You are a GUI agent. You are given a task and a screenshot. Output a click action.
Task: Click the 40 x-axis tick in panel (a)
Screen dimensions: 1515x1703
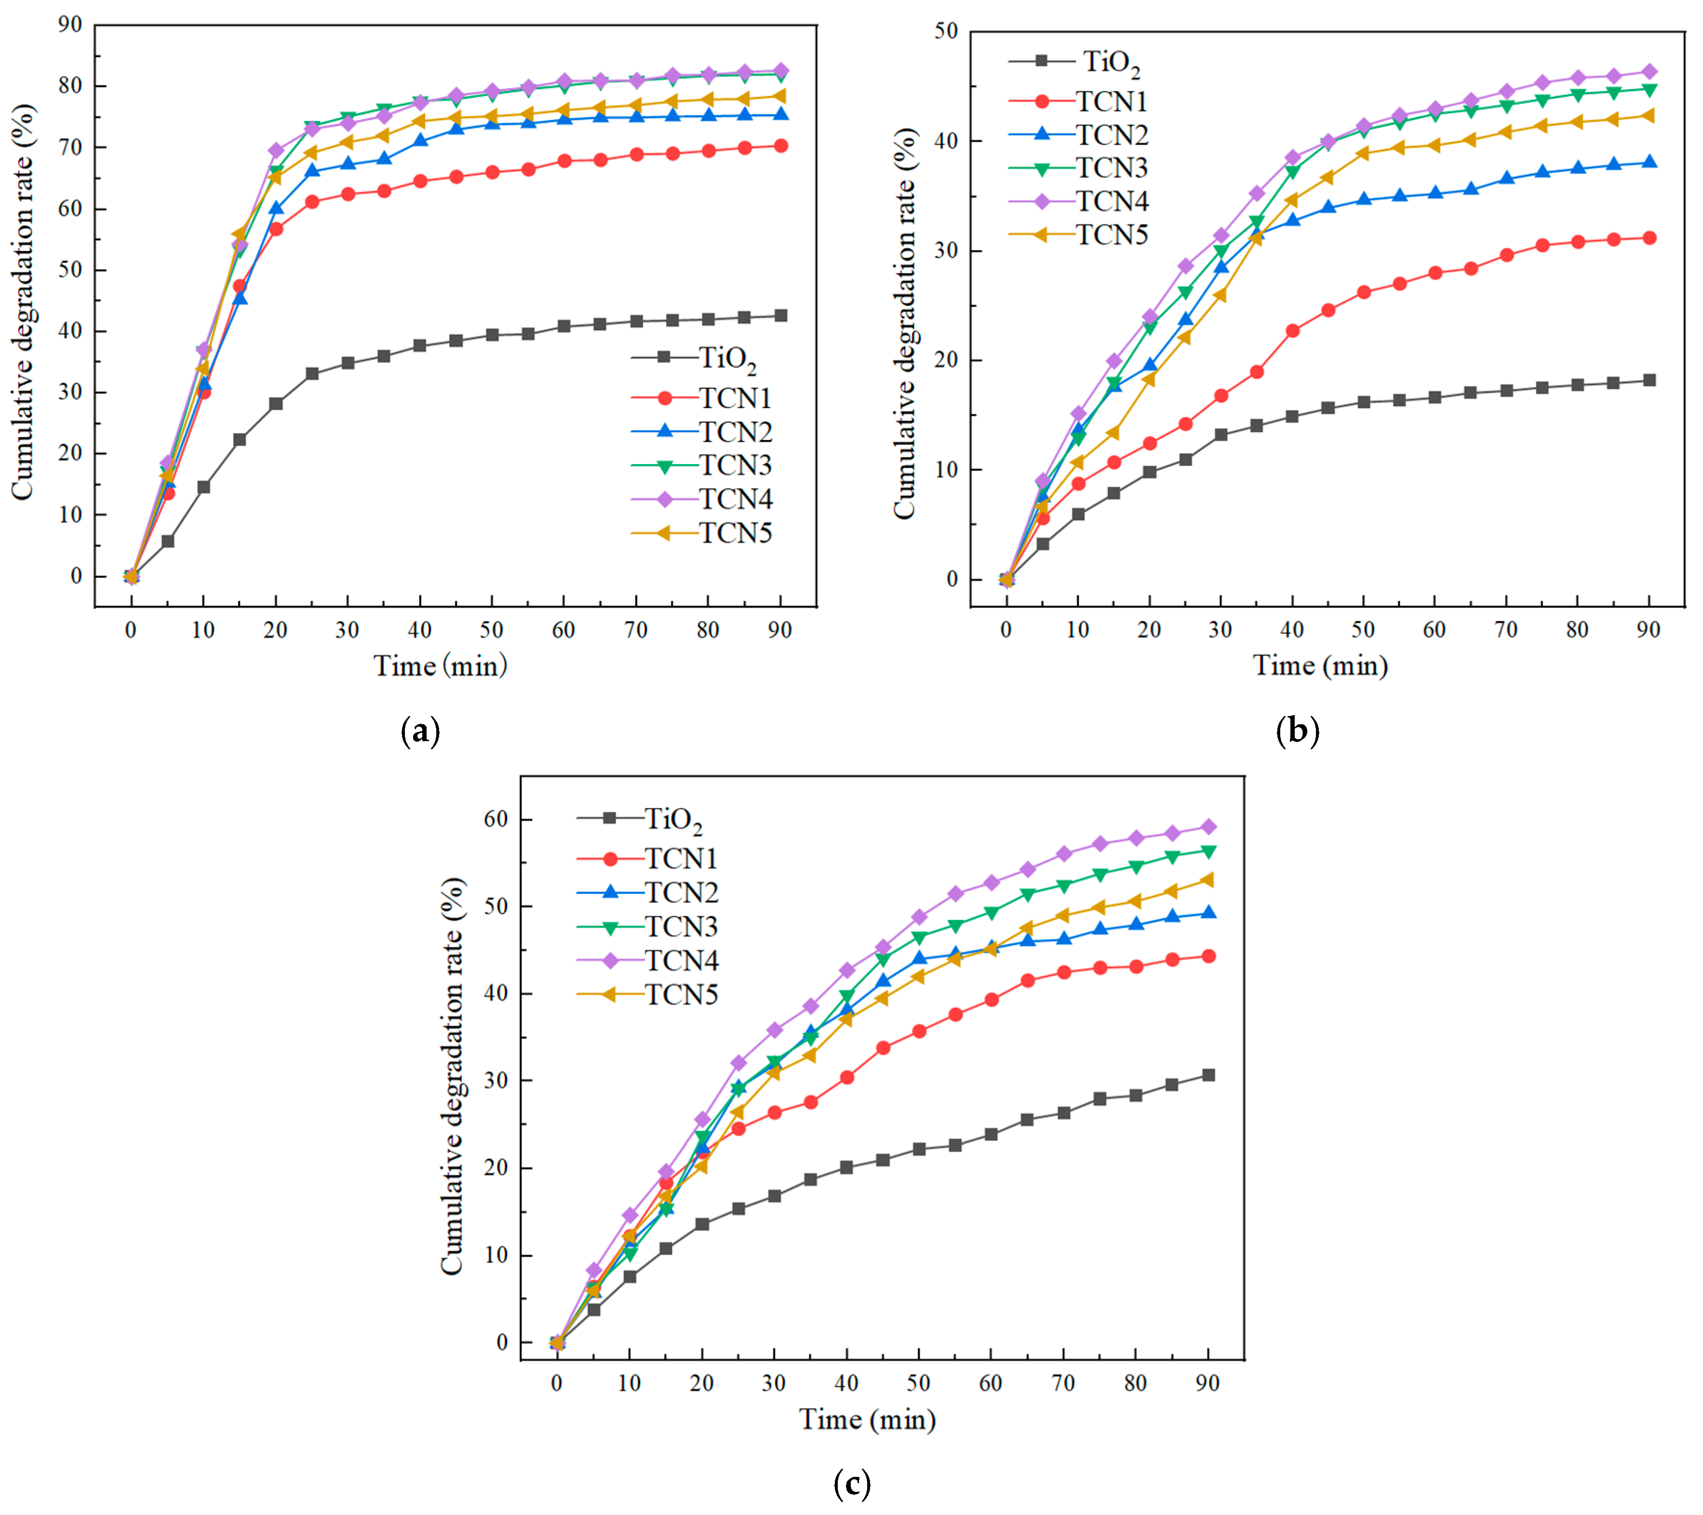419,630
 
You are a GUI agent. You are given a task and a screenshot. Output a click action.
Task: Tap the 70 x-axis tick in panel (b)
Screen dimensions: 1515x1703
1505,630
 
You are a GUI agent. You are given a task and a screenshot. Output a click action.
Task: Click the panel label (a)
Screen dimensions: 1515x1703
420,731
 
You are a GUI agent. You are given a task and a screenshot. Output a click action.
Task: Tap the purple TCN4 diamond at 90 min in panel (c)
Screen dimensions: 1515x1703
1207,827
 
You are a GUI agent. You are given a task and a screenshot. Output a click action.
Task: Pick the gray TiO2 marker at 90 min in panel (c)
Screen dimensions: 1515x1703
1207,1075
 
